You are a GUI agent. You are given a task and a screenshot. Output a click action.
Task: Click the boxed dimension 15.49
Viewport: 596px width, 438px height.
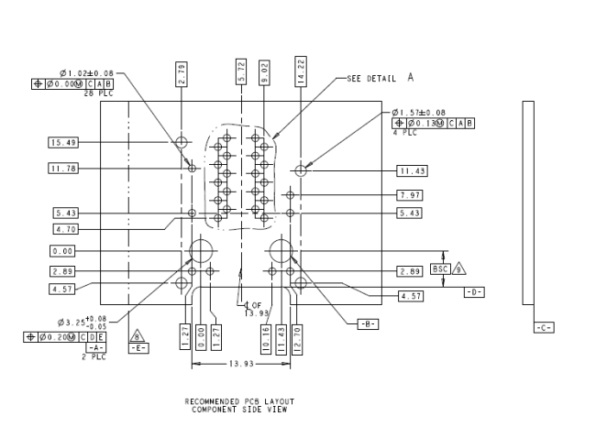61,142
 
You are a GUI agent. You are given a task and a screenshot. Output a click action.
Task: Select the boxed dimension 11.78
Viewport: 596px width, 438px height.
61,168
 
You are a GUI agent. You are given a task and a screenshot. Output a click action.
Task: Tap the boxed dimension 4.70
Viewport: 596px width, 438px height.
64,229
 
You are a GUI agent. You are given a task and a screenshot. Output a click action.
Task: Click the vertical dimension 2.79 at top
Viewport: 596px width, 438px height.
182,74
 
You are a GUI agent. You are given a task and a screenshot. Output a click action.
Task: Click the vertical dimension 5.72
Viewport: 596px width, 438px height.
240,74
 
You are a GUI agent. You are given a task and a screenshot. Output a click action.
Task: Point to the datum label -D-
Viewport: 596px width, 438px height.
473,292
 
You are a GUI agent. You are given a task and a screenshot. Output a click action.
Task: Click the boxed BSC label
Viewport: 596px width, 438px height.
440,269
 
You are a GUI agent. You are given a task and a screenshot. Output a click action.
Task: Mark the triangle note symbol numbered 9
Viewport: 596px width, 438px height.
459,269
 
